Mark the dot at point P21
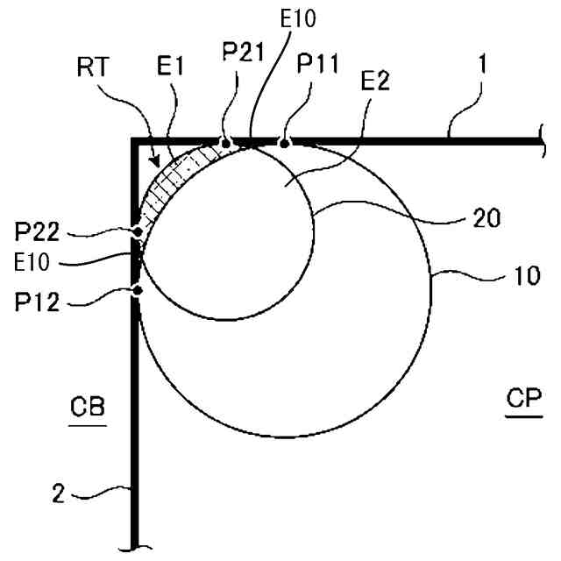point(225,141)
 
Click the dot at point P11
point(283,141)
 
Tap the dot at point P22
point(137,232)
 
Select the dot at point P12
point(137,291)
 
